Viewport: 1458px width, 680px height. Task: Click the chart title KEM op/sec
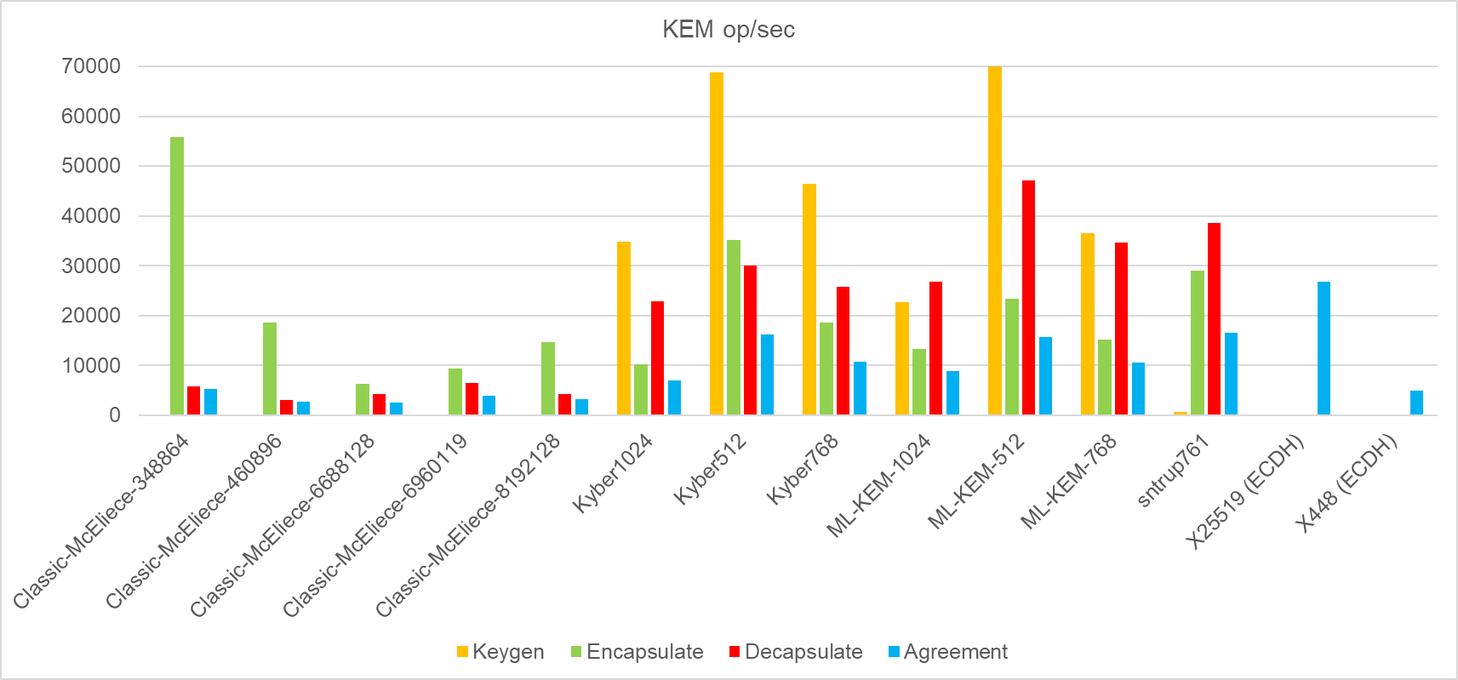pyautogui.click(x=728, y=30)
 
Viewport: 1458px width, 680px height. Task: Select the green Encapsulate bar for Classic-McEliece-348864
pyautogui.click(x=177, y=276)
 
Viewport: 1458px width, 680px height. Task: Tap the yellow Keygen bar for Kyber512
pyautogui.click(x=717, y=243)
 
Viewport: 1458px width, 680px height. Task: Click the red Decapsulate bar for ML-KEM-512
pyautogui.click(x=1028, y=297)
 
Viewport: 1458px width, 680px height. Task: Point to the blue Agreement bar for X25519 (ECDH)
pyautogui.click(x=1324, y=348)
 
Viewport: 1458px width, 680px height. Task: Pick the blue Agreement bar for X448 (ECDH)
pyautogui.click(x=1416, y=403)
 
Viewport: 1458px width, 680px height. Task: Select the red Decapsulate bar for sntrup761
pyautogui.click(x=1214, y=318)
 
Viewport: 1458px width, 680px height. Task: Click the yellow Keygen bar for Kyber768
pyautogui.click(x=809, y=299)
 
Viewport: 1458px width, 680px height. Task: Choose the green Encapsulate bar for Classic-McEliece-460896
pyautogui.click(x=270, y=369)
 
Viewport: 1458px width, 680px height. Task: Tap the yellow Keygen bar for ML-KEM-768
pyautogui.click(x=1088, y=323)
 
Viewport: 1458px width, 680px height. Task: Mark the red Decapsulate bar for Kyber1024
pyautogui.click(x=657, y=357)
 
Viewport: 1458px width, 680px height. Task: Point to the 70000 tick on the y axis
pyautogui.click(x=91, y=66)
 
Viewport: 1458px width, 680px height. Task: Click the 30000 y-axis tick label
pyautogui.click(x=91, y=266)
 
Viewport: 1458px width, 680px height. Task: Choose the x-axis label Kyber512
pyautogui.click(x=711, y=468)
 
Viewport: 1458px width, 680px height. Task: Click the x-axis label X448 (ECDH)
pyautogui.click(x=1347, y=483)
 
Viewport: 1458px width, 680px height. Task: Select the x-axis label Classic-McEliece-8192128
pyautogui.click(x=468, y=524)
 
